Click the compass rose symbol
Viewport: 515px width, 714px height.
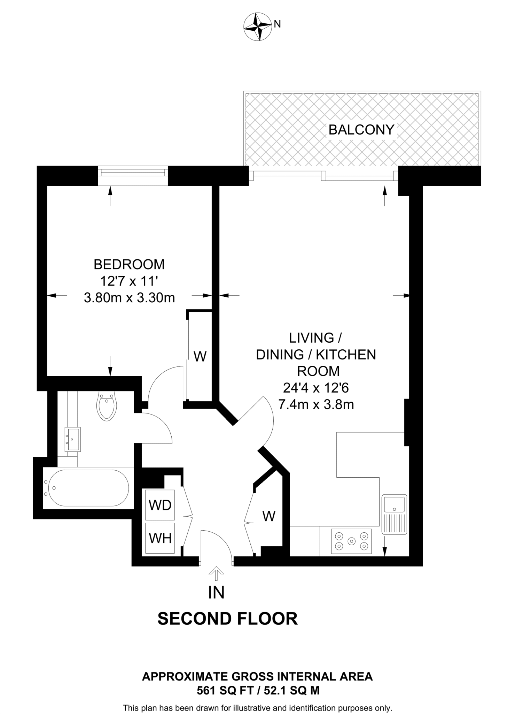pos(257,26)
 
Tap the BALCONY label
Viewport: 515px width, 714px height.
pos(361,130)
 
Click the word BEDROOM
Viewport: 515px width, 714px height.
pos(129,265)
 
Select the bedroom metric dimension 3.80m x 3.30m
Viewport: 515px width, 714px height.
pos(129,298)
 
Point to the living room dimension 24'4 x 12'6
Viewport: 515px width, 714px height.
pos(316,388)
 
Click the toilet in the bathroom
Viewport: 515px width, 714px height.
pos(107,406)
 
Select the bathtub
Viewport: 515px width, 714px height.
pos(88,488)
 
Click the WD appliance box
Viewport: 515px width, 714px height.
pos(160,505)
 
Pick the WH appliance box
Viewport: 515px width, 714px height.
pos(160,538)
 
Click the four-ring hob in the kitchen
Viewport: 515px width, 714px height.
pos(351,541)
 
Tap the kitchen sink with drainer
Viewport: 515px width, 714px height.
pos(394,514)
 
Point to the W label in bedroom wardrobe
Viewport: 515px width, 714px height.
pos(200,357)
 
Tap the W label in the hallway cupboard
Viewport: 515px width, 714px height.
pos(269,516)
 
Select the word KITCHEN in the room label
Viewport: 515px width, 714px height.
pos(346,355)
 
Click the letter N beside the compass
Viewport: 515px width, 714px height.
pos(278,24)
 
